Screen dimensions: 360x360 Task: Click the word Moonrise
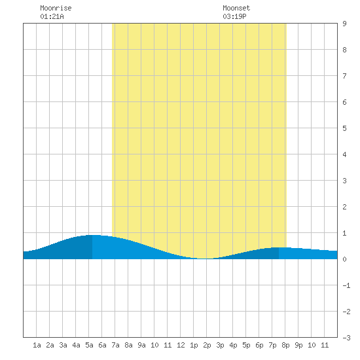(56, 8)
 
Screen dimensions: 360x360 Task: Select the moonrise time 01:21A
(52, 16)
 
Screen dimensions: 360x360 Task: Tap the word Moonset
(236, 8)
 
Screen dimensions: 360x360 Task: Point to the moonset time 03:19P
(234, 16)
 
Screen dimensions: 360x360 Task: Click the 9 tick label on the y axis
(344, 24)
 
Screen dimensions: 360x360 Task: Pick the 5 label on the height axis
(344, 128)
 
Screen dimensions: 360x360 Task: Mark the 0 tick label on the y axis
(344, 259)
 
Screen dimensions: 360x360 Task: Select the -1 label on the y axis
(346, 285)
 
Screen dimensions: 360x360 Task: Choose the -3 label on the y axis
(346, 338)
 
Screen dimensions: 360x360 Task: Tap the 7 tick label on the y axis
(344, 76)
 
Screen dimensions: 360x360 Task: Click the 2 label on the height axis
(344, 207)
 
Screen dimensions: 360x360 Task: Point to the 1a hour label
(37, 345)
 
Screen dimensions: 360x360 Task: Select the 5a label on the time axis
(89, 345)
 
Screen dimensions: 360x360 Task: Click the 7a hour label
(115, 345)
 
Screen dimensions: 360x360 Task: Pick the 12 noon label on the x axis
(181, 345)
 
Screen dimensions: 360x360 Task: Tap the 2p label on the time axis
(207, 345)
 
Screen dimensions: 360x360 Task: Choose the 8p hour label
(285, 345)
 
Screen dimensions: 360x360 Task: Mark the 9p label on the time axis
(298, 345)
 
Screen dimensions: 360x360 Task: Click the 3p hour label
(220, 345)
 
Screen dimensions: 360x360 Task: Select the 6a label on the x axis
(102, 345)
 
